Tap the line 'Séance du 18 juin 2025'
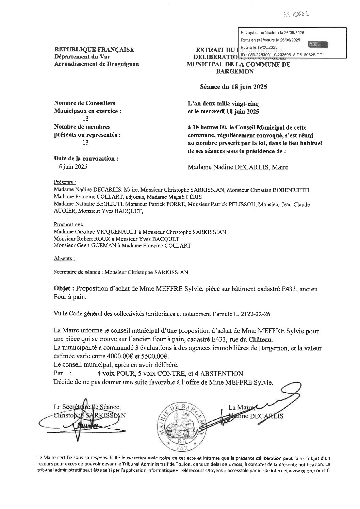pos(233,87)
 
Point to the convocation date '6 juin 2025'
pos(73,167)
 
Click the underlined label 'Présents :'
pos(65,182)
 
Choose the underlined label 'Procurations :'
pos(70,225)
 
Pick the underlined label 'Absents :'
pos(64,258)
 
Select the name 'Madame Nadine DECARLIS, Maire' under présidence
pos(238,167)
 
